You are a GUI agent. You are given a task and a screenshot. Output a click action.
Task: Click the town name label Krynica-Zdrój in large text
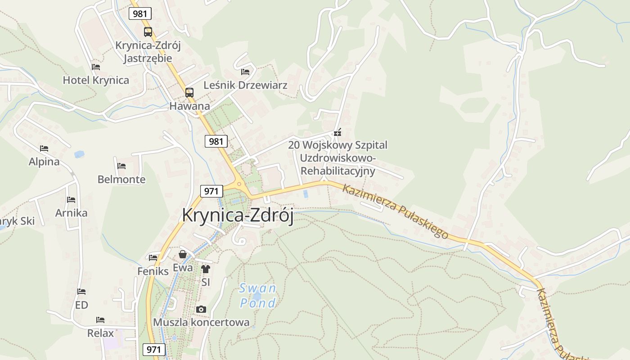pyautogui.click(x=238, y=216)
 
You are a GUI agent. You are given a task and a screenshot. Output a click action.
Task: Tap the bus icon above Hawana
pyautogui.click(x=189, y=93)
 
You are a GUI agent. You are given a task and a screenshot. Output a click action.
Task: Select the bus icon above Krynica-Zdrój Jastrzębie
pyautogui.click(x=148, y=32)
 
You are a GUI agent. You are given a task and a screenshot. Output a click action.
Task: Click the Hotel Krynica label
pyautogui.click(x=96, y=81)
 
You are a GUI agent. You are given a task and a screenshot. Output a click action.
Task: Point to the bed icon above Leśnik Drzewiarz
pyautogui.click(x=245, y=72)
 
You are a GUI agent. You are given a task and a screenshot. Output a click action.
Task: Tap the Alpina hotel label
pyautogui.click(x=44, y=162)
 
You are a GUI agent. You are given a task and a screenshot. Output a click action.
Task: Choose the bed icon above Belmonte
pyautogui.click(x=121, y=166)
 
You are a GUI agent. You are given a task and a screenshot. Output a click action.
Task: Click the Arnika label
pyautogui.click(x=71, y=213)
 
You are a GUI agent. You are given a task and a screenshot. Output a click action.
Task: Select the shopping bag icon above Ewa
pyautogui.click(x=183, y=254)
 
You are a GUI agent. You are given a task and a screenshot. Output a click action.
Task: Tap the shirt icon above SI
pyautogui.click(x=206, y=269)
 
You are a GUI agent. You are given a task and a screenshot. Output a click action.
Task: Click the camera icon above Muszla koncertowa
pyautogui.click(x=201, y=309)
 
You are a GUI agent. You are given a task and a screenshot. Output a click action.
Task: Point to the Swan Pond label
pyautogui.click(x=257, y=295)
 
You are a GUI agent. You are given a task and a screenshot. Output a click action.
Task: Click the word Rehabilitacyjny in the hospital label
pyautogui.click(x=337, y=171)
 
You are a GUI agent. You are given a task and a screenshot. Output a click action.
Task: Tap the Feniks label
pyautogui.click(x=153, y=271)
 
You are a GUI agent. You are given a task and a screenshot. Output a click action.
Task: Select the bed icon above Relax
pyautogui.click(x=100, y=320)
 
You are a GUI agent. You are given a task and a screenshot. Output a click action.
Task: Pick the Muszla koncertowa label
pyautogui.click(x=201, y=322)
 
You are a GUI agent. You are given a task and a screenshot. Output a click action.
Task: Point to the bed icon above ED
pyautogui.click(x=81, y=292)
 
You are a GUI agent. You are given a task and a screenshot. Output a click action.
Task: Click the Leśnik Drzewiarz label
pyautogui.click(x=245, y=85)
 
